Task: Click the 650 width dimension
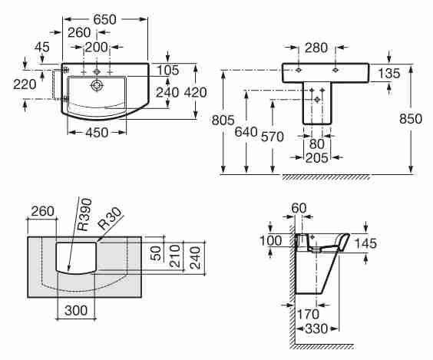click(x=104, y=19)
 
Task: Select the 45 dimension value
click(x=42, y=47)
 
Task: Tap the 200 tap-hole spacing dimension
click(x=96, y=48)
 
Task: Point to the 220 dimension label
click(x=25, y=84)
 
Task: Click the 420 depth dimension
click(x=195, y=92)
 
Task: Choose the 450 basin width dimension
click(x=97, y=133)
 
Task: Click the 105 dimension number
click(x=168, y=70)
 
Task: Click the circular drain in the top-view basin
click(x=97, y=85)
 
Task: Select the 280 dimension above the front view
click(x=316, y=48)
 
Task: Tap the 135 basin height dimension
click(x=388, y=73)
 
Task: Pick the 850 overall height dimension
click(x=411, y=119)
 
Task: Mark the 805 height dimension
click(x=223, y=120)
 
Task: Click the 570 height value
click(x=273, y=137)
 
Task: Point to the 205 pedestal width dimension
click(x=317, y=157)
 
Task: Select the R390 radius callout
click(x=84, y=214)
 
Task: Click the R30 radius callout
click(x=110, y=219)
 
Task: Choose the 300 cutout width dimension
click(x=76, y=310)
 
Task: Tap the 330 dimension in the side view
click(x=317, y=329)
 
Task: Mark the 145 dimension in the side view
click(x=365, y=243)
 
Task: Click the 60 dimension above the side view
click(x=299, y=208)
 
